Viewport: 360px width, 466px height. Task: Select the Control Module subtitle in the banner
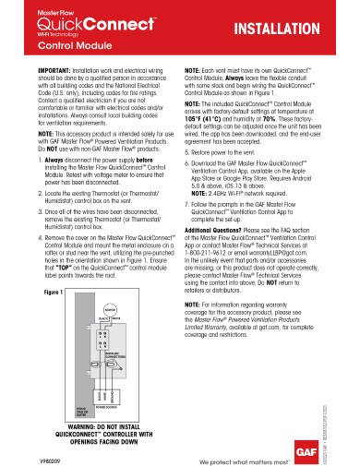pyautogui.click(x=54, y=54)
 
